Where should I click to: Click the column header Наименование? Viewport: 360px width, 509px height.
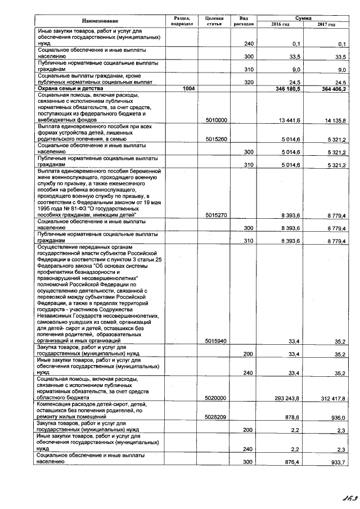pyautogui.click(x=99, y=21)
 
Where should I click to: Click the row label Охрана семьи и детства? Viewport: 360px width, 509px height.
pyautogui.click(x=66, y=89)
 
